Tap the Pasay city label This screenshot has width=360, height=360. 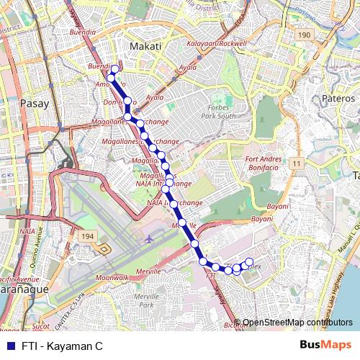[x=36, y=103]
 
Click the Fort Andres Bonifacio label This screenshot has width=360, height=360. [x=267, y=163]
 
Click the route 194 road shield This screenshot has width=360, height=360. [x=88, y=236]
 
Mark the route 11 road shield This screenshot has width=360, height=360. [x=296, y=164]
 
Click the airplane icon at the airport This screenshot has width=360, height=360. [x=149, y=239]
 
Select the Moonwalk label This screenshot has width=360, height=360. [x=111, y=277]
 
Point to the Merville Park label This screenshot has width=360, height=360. [x=147, y=301]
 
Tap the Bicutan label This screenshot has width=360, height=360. [x=235, y=325]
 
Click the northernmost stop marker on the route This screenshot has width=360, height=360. [x=114, y=70]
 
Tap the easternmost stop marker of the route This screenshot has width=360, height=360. [x=250, y=261]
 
